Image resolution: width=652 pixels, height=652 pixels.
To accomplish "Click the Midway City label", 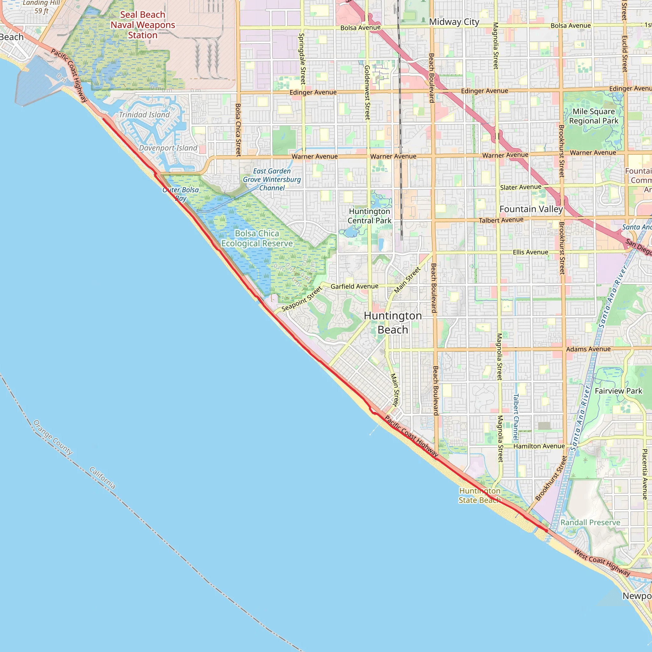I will click(x=454, y=22).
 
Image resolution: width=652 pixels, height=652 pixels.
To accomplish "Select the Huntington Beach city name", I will click(x=393, y=322).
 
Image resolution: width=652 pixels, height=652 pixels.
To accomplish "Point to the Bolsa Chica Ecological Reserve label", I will click(x=257, y=238).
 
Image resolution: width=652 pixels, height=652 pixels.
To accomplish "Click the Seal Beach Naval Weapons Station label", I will click(x=143, y=25).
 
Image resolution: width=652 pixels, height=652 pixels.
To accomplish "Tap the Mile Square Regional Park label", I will click(x=594, y=116).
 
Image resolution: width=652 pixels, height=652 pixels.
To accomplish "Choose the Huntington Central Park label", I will click(x=370, y=216).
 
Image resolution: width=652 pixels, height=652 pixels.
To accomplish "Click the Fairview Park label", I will click(x=618, y=391).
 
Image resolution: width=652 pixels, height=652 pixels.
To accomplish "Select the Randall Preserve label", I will click(x=590, y=522).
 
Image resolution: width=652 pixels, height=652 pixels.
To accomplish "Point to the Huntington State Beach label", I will click(x=479, y=495).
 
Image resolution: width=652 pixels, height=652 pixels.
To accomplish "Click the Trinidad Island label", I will click(x=144, y=115).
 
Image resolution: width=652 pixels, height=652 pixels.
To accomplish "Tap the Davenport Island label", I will click(x=168, y=148).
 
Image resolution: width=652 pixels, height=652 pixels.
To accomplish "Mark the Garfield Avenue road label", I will click(x=354, y=287).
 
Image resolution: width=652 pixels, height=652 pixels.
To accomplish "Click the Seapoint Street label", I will click(x=302, y=299).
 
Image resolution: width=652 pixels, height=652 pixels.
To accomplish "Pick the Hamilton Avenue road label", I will click(x=539, y=446).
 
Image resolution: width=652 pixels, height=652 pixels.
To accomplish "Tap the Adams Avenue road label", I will click(x=588, y=349).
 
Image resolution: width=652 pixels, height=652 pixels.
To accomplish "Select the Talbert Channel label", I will click(x=516, y=417).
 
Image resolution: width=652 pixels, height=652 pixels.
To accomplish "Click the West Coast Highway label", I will click(x=602, y=563).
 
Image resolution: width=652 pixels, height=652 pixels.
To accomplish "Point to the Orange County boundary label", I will click(x=53, y=437).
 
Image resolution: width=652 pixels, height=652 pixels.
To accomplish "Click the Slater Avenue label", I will click(x=521, y=187).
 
